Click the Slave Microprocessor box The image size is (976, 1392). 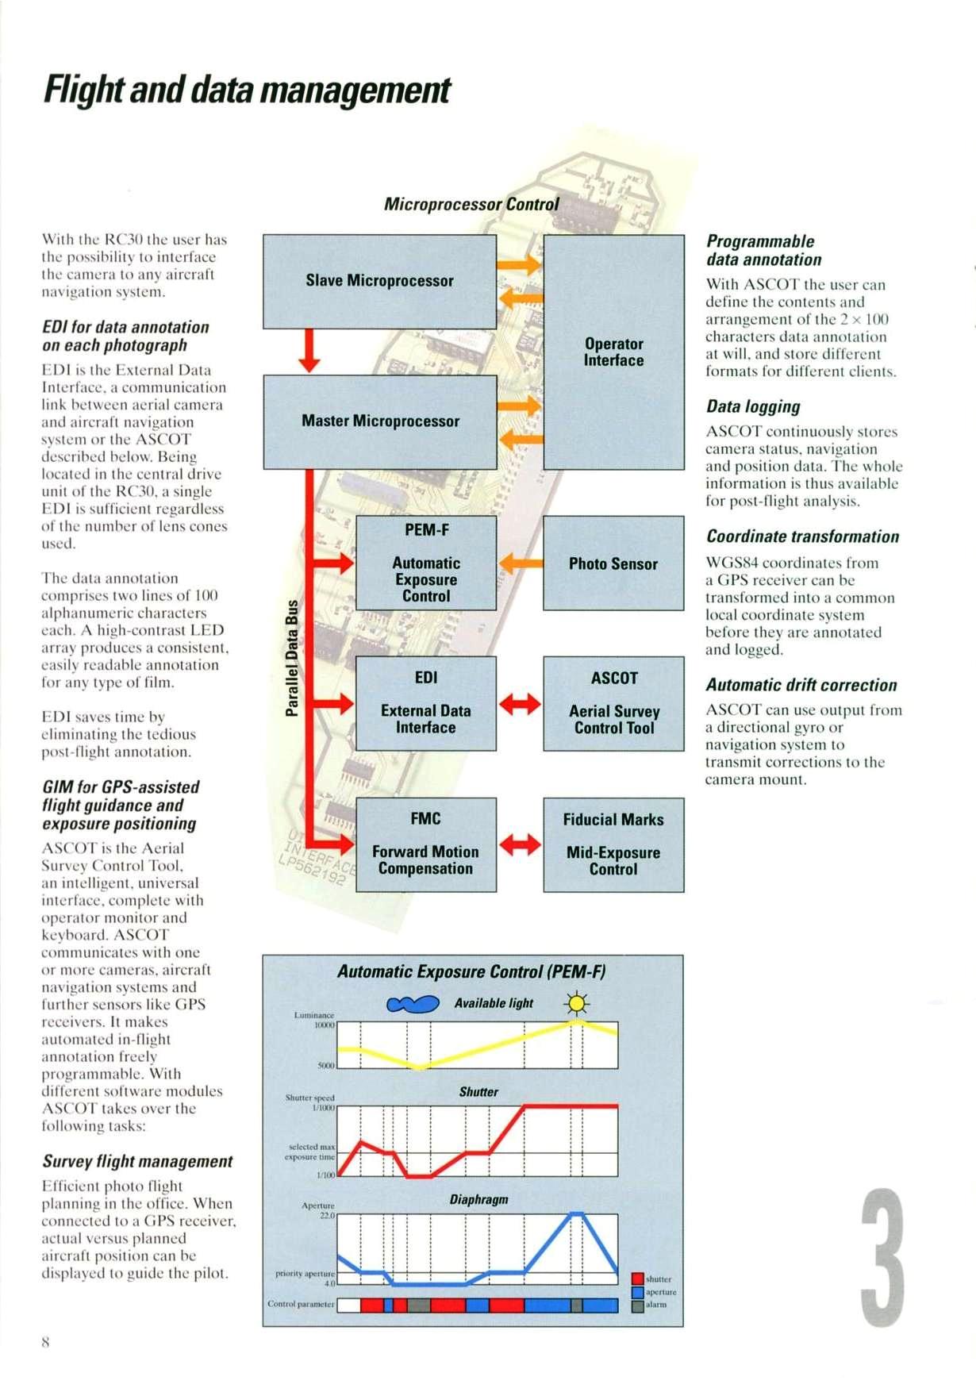point(379,281)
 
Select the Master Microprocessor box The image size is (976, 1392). point(380,421)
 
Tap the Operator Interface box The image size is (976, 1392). point(613,352)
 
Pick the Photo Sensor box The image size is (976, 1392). point(613,563)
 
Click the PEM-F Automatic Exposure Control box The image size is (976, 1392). point(426,563)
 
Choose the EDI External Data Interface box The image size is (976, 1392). point(426,703)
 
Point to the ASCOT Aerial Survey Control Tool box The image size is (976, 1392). point(613,704)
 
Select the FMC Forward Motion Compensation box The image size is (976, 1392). point(426,844)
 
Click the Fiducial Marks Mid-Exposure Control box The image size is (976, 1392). point(613,845)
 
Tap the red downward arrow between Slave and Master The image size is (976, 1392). point(309,351)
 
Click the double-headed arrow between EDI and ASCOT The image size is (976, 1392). point(520,704)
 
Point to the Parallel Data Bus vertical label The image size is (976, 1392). point(292,658)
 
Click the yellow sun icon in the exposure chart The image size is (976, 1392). point(577,1005)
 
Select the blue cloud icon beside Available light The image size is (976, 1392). point(413,1005)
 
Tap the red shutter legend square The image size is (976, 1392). point(637,1279)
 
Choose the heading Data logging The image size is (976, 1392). point(753,407)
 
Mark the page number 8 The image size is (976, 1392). point(45,1342)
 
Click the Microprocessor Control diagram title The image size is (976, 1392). point(471,205)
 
